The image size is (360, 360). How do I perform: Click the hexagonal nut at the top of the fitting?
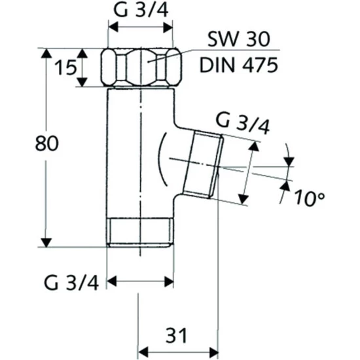click(x=141, y=67)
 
